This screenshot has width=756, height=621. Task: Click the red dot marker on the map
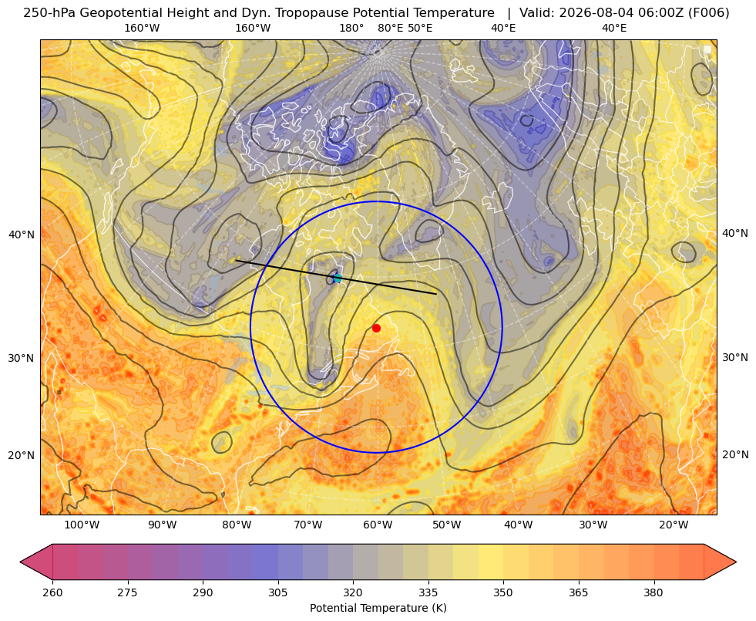pyautogui.click(x=376, y=328)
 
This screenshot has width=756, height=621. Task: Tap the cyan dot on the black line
pyautogui.click(x=338, y=278)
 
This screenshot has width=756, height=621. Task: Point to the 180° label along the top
pyautogui.click(x=351, y=28)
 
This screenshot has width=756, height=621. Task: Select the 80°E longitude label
pyautogui.click(x=390, y=28)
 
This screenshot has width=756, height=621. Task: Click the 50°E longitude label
pyautogui.click(x=420, y=28)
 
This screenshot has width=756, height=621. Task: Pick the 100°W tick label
pyautogui.click(x=82, y=525)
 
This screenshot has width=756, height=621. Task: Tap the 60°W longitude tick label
pyautogui.click(x=378, y=525)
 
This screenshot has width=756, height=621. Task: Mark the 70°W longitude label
pyautogui.click(x=307, y=525)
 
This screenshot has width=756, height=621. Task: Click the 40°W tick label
pyautogui.click(x=519, y=525)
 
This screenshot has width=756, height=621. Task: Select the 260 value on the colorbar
pyautogui.click(x=52, y=592)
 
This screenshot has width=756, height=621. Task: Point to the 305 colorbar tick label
pyautogui.click(x=277, y=592)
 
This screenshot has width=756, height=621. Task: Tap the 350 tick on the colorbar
pyautogui.click(x=503, y=592)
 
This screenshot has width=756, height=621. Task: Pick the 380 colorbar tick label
pyautogui.click(x=654, y=592)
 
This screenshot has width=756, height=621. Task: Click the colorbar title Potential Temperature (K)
pyautogui.click(x=378, y=608)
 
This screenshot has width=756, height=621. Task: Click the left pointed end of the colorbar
pyautogui.click(x=20, y=562)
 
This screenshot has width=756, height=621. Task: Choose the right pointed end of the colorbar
pyautogui.click(x=736, y=562)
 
